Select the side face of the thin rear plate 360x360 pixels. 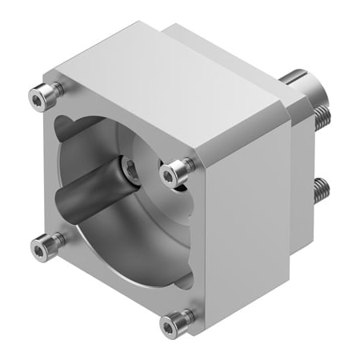point(300,184)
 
